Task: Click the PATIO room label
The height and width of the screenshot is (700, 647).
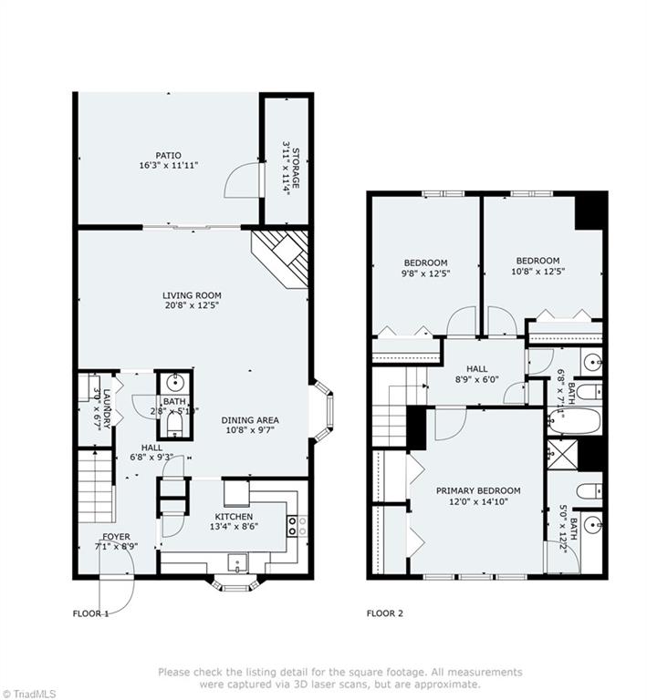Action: click(x=168, y=155)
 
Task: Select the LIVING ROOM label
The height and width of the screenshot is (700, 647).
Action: click(x=192, y=295)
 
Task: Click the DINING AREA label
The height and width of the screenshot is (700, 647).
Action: click(x=250, y=420)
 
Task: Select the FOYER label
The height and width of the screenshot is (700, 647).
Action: click(x=116, y=537)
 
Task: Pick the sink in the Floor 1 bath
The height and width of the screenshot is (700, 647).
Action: click(x=173, y=383)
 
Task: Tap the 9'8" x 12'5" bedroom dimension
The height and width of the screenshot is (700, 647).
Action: click(x=425, y=272)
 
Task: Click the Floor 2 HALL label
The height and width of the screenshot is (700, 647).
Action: click(x=476, y=368)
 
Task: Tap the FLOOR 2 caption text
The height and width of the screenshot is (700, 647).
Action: click(x=384, y=613)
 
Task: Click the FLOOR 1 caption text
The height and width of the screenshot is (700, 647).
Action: click(x=90, y=613)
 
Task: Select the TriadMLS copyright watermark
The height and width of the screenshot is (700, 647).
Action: click(x=29, y=693)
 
